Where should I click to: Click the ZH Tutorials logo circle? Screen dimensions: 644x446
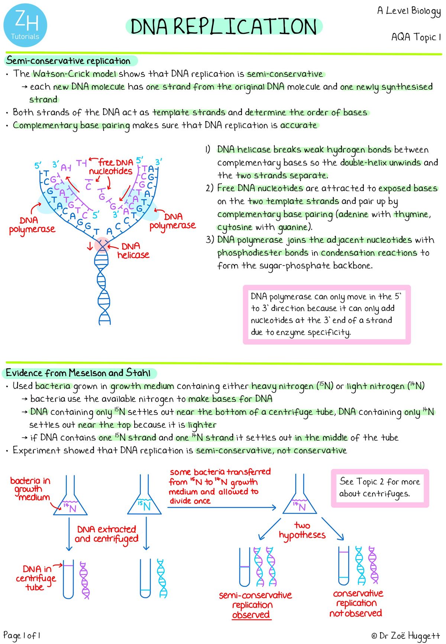[25, 25]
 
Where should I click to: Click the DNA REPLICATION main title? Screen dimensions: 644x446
[224, 27]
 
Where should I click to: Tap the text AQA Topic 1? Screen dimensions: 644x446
[416, 37]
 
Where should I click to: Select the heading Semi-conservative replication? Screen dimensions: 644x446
[69, 61]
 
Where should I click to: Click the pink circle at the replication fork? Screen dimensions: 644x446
[101, 245]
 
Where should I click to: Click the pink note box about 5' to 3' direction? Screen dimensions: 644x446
[326, 314]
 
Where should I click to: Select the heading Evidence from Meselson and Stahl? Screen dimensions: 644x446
[79, 373]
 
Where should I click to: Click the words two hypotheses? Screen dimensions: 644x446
[302, 530]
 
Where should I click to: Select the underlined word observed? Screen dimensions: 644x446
[251, 615]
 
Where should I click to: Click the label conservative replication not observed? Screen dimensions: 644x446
[357, 603]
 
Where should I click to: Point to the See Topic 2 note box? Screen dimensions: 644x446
[379, 488]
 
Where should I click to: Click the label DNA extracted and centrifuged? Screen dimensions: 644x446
[107, 534]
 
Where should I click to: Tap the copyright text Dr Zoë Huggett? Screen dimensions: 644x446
[405, 635]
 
